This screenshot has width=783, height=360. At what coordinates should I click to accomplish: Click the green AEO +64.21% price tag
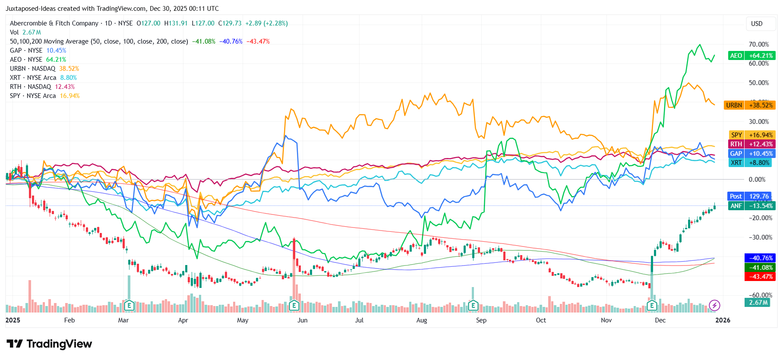pos(752,56)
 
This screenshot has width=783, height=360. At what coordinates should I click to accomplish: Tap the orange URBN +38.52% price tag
pos(749,105)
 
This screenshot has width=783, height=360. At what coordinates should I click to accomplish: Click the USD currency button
pos(757,24)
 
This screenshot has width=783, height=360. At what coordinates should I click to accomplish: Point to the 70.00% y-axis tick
pos(758,44)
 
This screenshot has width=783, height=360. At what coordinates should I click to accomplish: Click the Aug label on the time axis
pos(422,320)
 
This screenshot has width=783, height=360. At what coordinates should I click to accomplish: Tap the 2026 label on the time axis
pos(723,320)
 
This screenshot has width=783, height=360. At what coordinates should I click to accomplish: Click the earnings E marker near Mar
pos(129,306)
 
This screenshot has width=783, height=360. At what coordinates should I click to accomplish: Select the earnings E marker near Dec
pos(652,306)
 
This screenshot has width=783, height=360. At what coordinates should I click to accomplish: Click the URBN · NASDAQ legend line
pos(44,69)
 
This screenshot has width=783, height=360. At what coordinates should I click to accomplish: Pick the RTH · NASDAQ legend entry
pos(42,87)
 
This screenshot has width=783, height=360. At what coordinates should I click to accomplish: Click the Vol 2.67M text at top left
pos(25,32)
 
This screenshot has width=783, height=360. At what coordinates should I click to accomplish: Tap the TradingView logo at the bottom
pos(50,344)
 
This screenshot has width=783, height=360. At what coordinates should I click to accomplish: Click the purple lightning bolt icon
pos(714,306)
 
